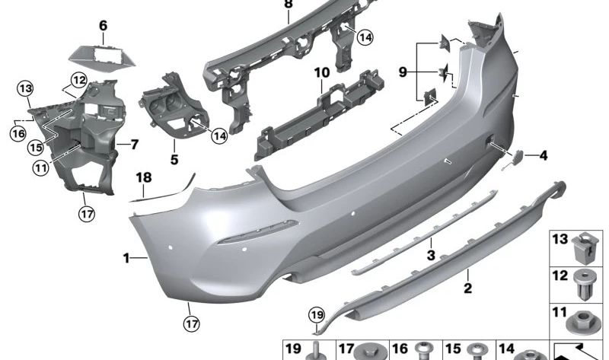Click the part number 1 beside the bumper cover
tap(127, 259)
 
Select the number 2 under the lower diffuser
tap(468, 288)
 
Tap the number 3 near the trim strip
tap(431, 256)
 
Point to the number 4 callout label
tap(543, 157)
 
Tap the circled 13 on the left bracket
tap(27, 89)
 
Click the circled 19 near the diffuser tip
tap(316, 314)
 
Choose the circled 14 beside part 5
tap(219, 135)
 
